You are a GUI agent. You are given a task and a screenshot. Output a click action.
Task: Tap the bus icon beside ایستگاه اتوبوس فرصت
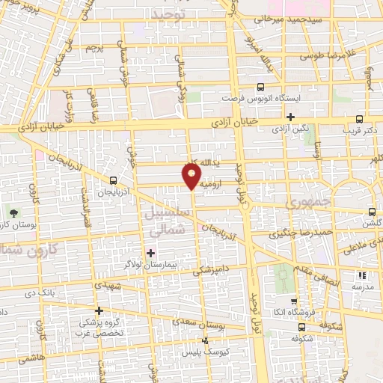(x=260, y=87)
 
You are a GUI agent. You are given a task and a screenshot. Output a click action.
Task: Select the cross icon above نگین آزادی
(x=290, y=117)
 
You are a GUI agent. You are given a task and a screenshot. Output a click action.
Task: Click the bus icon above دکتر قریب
(x=360, y=118)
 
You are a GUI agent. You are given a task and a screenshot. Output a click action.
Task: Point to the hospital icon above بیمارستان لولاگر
(x=151, y=253)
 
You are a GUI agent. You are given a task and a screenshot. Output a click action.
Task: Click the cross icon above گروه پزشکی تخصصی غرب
(x=99, y=310)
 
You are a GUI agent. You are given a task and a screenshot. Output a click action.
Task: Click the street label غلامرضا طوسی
(x=330, y=55)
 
